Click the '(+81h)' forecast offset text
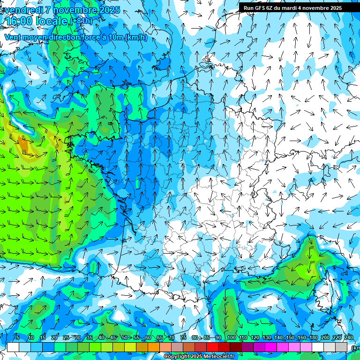(81, 21)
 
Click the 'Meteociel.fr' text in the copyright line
(219, 357)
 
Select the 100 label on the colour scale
(231, 338)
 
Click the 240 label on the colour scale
(349, 338)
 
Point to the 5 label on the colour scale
(17, 338)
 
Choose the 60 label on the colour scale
(148, 338)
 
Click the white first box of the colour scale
(13, 347)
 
